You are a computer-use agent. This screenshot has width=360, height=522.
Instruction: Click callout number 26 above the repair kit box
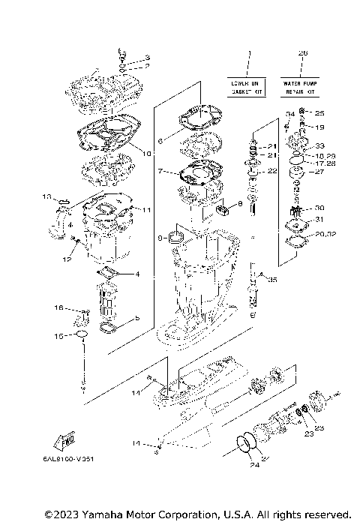pyautogui.click(x=302, y=52)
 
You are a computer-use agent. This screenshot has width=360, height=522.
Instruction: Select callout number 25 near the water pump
pyautogui.click(x=319, y=113)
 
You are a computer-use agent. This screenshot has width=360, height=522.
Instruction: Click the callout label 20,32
pyautogui.click(x=325, y=234)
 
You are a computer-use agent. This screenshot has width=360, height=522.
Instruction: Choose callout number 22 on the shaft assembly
pyautogui.click(x=272, y=171)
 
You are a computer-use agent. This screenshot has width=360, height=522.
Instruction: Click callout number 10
pyautogui.click(x=147, y=153)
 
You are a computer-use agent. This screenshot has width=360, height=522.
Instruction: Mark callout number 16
pyautogui.click(x=58, y=307)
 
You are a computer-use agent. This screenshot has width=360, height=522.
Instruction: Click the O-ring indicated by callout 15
pyautogui.click(x=82, y=334)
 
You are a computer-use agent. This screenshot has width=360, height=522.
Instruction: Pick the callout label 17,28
pyautogui.click(x=324, y=162)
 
